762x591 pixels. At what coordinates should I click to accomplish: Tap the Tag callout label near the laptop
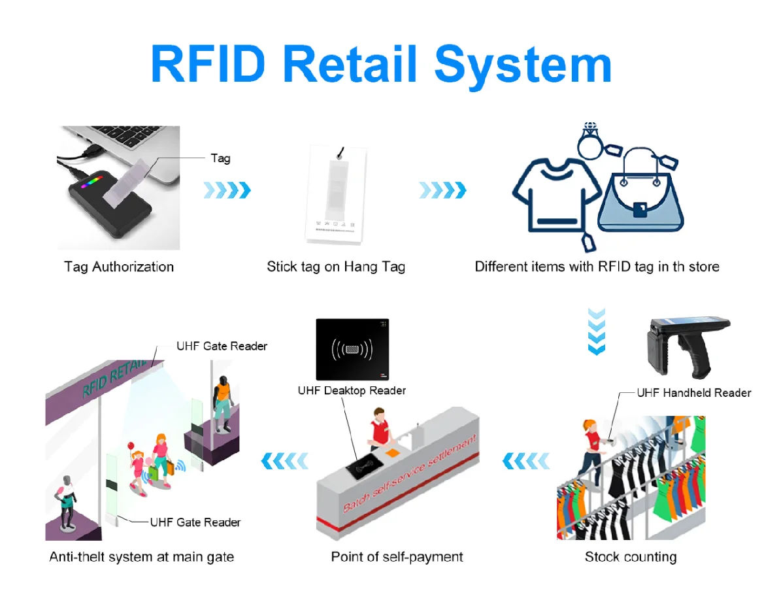[220, 158]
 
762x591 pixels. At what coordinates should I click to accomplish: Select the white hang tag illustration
[334, 196]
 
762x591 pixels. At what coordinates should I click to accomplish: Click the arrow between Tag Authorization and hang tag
[227, 190]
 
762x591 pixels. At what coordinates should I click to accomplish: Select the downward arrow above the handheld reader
[596, 331]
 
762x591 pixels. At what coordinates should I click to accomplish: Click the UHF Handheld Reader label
[693, 393]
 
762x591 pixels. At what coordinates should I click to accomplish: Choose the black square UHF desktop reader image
[352, 349]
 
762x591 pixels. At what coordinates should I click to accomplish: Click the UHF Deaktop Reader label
[352, 390]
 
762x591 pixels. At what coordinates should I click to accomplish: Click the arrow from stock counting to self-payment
[526, 461]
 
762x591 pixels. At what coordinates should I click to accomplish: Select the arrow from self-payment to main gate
[284, 461]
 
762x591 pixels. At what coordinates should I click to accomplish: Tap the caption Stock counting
[630, 557]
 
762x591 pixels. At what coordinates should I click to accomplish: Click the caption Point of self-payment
[397, 557]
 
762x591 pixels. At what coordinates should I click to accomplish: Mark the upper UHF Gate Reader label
[222, 346]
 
